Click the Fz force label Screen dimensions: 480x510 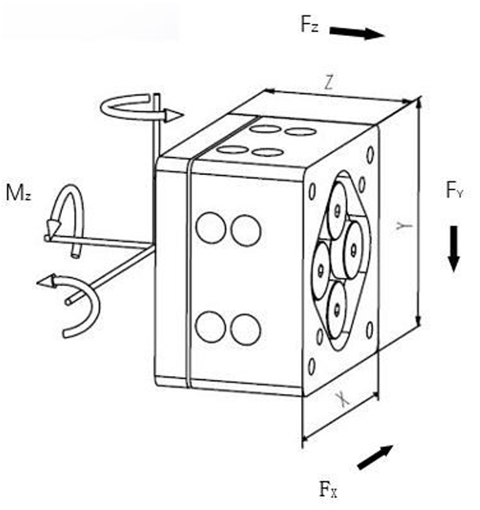[x=309, y=25]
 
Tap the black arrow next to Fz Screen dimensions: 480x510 [x=357, y=33]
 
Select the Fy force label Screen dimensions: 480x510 [x=454, y=190]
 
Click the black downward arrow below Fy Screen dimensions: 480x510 [x=454, y=248]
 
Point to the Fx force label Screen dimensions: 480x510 [x=328, y=489]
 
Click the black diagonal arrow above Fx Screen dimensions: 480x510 [x=376, y=457]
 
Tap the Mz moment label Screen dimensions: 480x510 [x=19, y=193]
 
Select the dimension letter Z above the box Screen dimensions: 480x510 [x=329, y=83]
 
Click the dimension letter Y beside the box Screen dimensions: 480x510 [x=404, y=225]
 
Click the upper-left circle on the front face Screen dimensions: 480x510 [x=211, y=227]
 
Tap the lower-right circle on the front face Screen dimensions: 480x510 [x=246, y=329]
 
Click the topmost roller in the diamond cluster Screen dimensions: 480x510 [x=337, y=210]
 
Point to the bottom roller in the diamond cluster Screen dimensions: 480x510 [x=336, y=309]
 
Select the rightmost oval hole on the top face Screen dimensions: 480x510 [x=300, y=132]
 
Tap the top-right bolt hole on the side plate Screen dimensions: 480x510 [x=371, y=155]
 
